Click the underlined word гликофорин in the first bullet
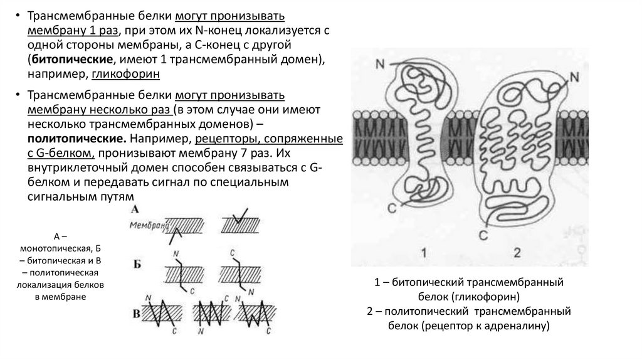click(126, 74)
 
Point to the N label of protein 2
click(575, 78)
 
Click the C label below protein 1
click(392, 206)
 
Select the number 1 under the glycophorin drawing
click(424, 253)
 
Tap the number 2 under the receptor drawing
click(518, 253)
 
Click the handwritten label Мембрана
click(149, 224)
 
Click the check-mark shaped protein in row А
click(237, 220)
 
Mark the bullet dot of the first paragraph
click(18, 17)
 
